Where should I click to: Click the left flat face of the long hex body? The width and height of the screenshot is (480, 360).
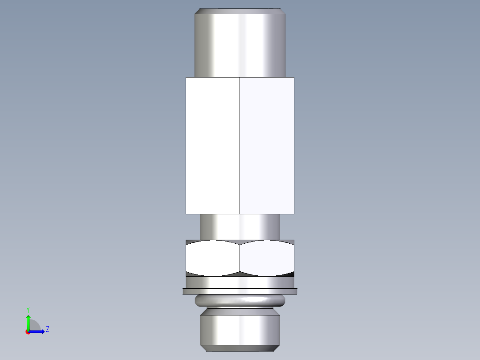click(212, 145)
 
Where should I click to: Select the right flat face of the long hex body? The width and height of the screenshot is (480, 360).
click(267, 145)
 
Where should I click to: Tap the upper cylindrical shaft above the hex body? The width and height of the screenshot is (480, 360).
click(240, 45)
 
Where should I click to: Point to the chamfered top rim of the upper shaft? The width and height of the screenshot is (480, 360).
click(240, 11)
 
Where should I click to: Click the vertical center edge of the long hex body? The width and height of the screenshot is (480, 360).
click(240, 145)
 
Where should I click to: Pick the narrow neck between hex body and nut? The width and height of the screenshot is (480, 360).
click(240, 226)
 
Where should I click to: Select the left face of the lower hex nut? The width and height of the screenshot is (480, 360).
click(212, 258)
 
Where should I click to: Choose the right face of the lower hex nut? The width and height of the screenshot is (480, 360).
click(267, 258)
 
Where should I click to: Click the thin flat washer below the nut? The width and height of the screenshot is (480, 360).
click(240, 291)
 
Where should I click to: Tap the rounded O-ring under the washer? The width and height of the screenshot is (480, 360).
click(240, 301)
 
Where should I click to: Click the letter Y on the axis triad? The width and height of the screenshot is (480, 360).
click(28, 309)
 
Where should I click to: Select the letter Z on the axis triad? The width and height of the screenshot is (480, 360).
click(47, 329)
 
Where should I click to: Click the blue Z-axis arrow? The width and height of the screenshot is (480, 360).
click(38, 331)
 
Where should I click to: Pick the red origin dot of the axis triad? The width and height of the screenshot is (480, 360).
click(28, 332)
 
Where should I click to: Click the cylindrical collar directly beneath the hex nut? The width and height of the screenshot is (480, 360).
click(240, 282)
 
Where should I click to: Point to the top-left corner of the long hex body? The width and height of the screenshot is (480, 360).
click(186, 78)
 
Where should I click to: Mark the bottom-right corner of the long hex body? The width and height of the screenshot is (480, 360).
click(293, 213)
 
